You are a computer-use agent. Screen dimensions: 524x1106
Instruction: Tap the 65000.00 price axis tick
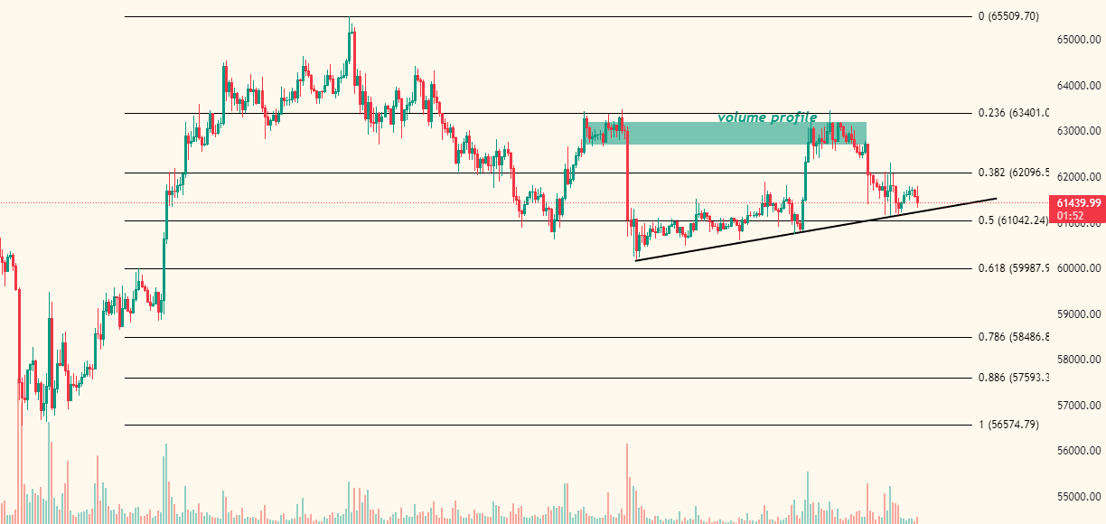[x=1079, y=40]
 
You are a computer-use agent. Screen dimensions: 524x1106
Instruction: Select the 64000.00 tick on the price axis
[x=1079, y=86]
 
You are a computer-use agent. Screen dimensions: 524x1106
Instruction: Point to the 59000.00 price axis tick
[x=1079, y=314]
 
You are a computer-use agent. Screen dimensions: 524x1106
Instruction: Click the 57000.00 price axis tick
[x=1079, y=406]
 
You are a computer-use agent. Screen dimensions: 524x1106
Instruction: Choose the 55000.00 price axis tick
[x=1079, y=497]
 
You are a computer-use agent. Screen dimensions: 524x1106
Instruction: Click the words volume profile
[x=767, y=117]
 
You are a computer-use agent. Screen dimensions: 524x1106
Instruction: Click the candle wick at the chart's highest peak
[x=350, y=22]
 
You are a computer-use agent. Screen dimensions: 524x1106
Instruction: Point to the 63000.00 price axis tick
[x=1079, y=131]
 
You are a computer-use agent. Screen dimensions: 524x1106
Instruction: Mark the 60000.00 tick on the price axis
[x=1079, y=268]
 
